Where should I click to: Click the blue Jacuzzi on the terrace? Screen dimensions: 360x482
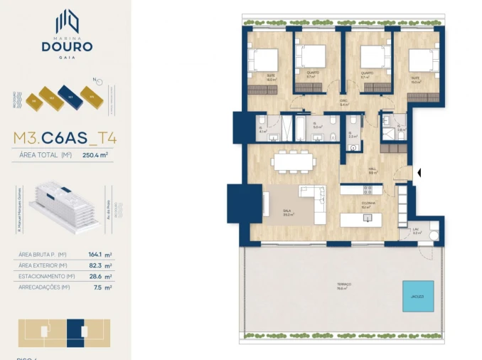(417, 295)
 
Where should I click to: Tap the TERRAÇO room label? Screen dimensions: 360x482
(345, 286)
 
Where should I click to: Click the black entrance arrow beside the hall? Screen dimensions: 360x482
(419, 172)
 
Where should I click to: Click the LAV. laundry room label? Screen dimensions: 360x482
(416, 230)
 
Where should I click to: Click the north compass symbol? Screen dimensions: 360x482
(92, 80)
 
